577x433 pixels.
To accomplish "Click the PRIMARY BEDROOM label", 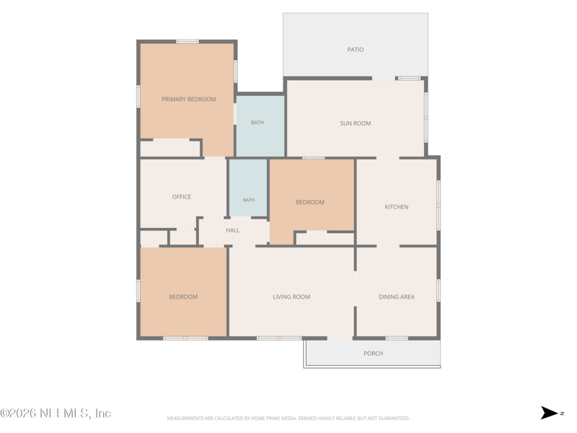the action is (x=189, y=100).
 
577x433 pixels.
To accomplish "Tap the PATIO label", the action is (x=356, y=50).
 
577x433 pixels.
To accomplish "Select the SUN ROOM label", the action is (x=356, y=123).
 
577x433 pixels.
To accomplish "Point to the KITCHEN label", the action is (x=396, y=207).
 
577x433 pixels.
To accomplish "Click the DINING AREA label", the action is (x=397, y=297).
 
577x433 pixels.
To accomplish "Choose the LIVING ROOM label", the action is (x=291, y=297).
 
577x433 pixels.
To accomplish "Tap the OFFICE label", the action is (x=182, y=197).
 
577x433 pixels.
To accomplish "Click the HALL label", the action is (x=232, y=230).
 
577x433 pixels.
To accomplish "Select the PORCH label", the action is (x=373, y=354).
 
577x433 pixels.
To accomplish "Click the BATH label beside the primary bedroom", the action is (x=257, y=123).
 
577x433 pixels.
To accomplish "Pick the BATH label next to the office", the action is (x=249, y=200).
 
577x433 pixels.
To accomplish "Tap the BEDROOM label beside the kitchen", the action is (x=310, y=202).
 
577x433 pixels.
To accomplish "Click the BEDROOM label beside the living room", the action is (x=183, y=297).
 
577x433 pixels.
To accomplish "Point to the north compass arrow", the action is (x=549, y=413).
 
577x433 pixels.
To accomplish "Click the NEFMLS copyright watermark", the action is (x=56, y=413).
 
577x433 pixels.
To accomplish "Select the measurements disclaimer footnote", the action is (x=288, y=419).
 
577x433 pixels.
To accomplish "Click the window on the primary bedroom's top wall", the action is (x=188, y=42).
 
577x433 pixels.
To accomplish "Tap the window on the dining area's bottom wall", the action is (x=397, y=338).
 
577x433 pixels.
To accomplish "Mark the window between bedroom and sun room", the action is (x=314, y=158).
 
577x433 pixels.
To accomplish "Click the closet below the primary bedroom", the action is (x=170, y=149).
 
